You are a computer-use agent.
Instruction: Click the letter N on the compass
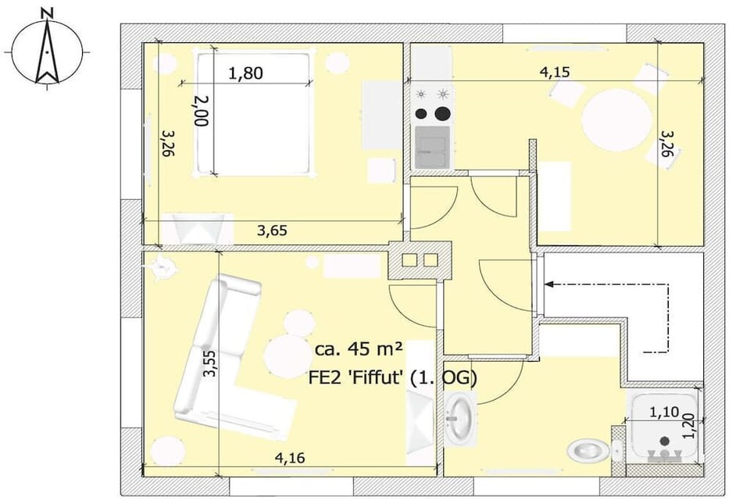coord(47,14)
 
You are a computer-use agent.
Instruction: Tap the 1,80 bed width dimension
coord(245,73)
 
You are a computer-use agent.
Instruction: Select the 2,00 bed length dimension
coord(202,110)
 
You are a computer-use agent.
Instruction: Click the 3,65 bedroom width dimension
coord(272,230)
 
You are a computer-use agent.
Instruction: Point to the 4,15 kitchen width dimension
coord(555,72)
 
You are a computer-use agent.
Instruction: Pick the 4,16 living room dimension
coord(290,458)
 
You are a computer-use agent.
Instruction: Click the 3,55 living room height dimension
coord(209,364)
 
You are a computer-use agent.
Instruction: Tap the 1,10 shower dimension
coord(664,412)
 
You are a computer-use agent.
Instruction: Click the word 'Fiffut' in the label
coord(373,377)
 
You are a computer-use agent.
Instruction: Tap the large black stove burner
coord(443,113)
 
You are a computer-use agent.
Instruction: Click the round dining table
coord(617,120)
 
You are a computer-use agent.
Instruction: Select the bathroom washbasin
coord(460,417)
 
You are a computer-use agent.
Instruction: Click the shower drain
coord(664,441)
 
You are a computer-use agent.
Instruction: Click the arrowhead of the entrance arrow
coord(549,284)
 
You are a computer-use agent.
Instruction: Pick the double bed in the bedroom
coord(252,113)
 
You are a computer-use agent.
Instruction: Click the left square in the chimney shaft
coord(409,260)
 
